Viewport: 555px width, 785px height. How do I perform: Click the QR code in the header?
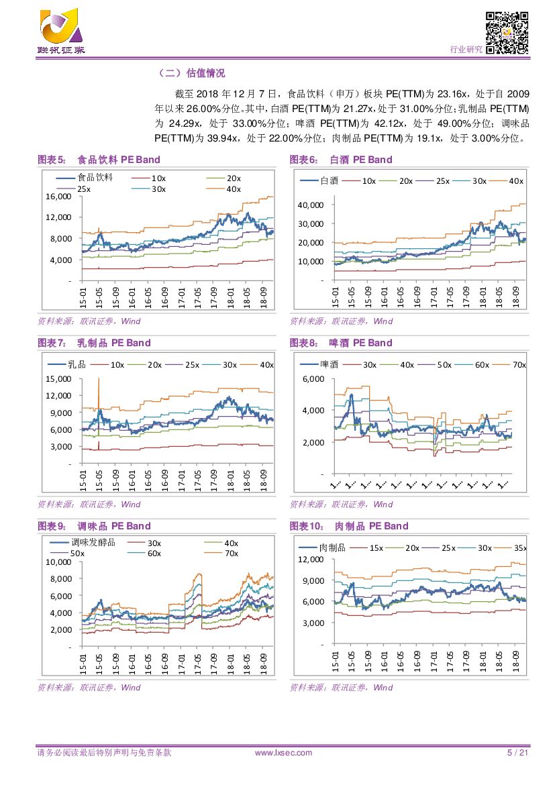click(x=507, y=32)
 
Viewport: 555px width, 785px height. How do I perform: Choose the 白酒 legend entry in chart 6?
click(x=320, y=180)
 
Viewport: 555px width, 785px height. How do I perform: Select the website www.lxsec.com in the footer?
click(x=284, y=753)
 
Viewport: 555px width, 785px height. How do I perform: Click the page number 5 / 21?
click(x=517, y=753)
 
